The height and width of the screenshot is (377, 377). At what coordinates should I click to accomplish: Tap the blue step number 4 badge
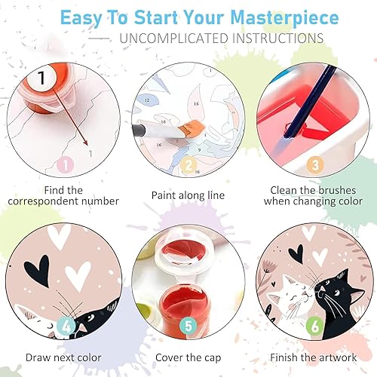[x=66, y=327]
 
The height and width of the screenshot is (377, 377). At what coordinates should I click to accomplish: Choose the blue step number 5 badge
[x=188, y=328]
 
